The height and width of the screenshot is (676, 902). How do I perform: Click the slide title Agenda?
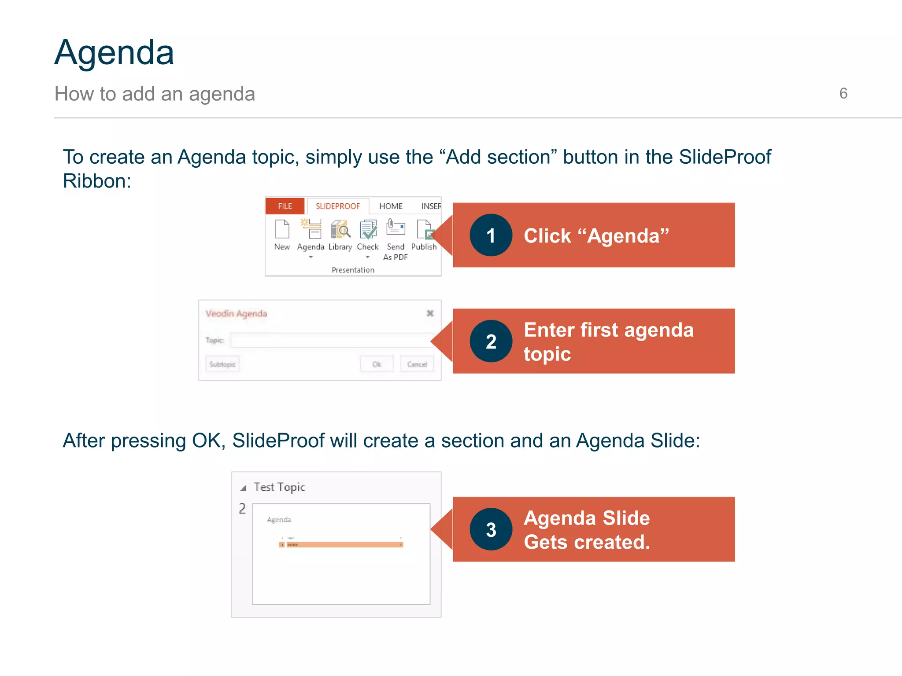(x=114, y=53)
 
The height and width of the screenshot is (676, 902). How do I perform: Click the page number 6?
(x=843, y=93)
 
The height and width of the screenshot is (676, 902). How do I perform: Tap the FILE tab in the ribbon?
(x=285, y=206)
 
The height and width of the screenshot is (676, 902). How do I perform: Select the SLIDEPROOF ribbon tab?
(x=337, y=206)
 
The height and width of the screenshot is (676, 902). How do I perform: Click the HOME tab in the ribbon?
(x=391, y=206)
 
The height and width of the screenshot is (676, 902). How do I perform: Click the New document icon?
(x=282, y=229)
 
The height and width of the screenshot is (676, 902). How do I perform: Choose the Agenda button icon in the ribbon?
(x=311, y=229)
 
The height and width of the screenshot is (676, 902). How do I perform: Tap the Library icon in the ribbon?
(x=340, y=229)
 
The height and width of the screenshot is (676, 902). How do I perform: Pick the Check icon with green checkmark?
(x=368, y=229)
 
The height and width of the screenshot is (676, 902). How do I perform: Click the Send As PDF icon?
(x=396, y=228)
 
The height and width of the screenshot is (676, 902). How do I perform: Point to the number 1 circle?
(x=491, y=235)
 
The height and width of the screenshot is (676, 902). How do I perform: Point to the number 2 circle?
(x=491, y=342)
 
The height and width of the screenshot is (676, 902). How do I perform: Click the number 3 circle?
(x=491, y=529)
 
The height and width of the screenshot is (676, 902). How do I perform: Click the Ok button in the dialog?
(x=377, y=364)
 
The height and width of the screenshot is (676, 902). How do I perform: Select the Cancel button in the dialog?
(x=417, y=364)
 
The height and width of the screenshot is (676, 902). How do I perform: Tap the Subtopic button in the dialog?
(x=222, y=364)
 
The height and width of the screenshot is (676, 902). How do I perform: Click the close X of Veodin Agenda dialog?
(x=430, y=313)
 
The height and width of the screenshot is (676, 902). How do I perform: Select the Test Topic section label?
(x=279, y=487)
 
